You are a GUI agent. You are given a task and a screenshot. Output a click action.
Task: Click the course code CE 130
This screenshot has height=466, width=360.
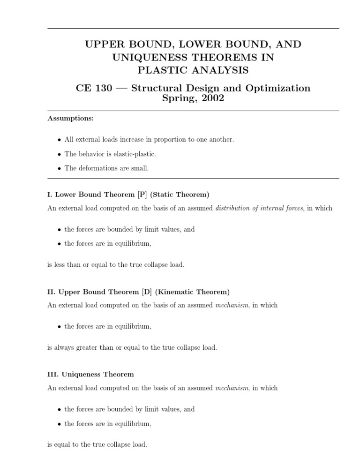[x=94, y=88]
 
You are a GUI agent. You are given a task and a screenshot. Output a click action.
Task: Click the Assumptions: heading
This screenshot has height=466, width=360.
[x=70, y=118]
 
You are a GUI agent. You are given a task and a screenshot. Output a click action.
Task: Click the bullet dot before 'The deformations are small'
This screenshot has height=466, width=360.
[x=59, y=169]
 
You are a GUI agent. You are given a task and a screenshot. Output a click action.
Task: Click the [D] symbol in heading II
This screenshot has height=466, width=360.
[x=147, y=292]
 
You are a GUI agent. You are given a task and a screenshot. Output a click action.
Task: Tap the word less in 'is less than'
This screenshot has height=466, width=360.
[x=60, y=264]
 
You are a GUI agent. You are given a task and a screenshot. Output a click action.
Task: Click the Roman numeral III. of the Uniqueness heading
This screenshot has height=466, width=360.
[x=52, y=374]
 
